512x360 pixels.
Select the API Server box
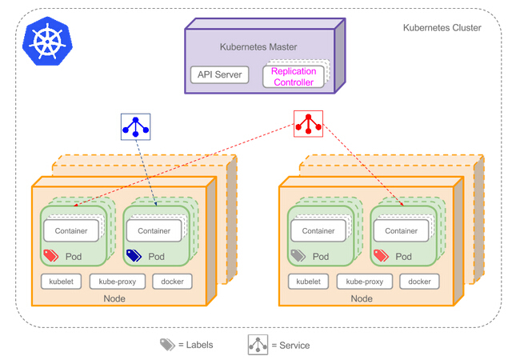(219, 75)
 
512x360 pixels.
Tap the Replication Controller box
(294, 76)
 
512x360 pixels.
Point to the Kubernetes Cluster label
(442, 28)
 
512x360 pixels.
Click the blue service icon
(134, 126)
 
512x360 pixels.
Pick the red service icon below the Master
(308, 124)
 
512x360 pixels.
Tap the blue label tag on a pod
(134, 256)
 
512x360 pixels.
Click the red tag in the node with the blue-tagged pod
(51, 256)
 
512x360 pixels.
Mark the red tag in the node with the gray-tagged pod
(381, 256)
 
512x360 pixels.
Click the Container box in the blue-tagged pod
(154, 230)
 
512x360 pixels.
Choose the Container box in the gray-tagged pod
(318, 230)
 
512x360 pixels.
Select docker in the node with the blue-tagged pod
(172, 282)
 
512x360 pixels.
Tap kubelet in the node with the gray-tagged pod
(308, 282)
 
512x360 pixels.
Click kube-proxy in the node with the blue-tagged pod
(117, 282)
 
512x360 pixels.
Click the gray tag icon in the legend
(166, 344)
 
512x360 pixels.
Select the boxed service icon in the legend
(258, 344)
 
